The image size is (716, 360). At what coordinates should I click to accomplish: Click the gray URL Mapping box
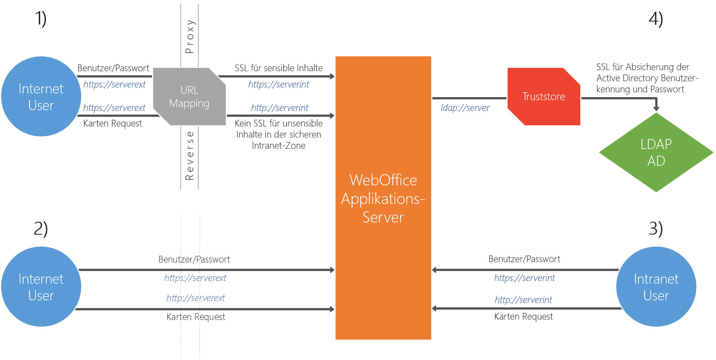click(x=189, y=96)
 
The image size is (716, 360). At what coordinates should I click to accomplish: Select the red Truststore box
click(x=544, y=96)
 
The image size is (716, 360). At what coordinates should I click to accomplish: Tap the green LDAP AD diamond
click(x=656, y=152)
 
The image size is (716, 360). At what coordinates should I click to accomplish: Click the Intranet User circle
click(x=656, y=287)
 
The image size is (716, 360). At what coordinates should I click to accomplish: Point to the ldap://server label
click(x=465, y=108)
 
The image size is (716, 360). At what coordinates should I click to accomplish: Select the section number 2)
click(x=41, y=228)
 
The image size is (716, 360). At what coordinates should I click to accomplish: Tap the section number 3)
click(x=656, y=228)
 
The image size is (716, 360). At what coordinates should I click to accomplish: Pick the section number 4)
click(x=656, y=19)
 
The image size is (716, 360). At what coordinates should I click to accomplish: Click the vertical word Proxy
click(x=189, y=36)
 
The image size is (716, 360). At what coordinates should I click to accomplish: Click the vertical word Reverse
click(x=189, y=156)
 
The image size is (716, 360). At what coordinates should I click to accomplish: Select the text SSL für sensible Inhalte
click(x=278, y=68)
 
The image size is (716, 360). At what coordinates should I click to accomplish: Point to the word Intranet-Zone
click(x=278, y=146)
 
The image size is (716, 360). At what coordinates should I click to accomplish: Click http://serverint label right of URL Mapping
click(x=280, y=108)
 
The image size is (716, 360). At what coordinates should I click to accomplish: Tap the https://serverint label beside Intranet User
click(x=524, y=278)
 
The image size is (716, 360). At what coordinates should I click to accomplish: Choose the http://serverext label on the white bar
click(x=195, y=298)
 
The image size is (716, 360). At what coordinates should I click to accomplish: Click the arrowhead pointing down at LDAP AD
click(x=656, y=108)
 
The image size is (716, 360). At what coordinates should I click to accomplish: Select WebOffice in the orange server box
click(x=383, y=180)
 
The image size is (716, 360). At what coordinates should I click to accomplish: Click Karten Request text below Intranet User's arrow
click(x=523, y=317)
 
